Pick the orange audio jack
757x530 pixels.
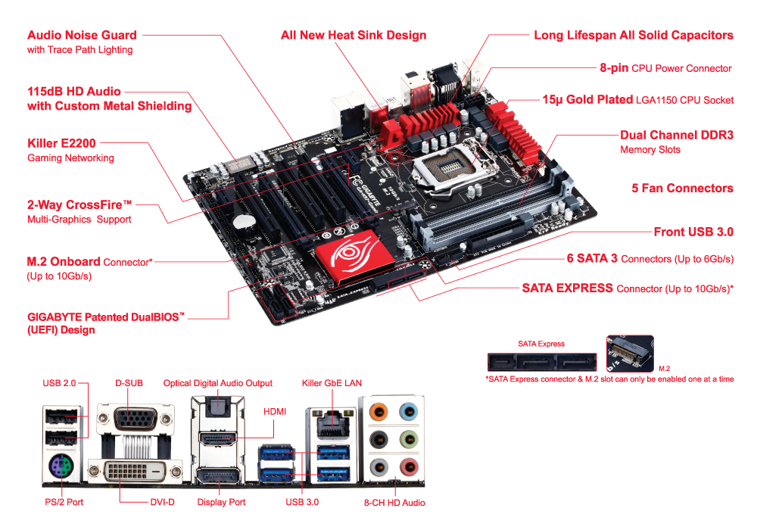click(x=381, y=413)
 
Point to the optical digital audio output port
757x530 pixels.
click(x=218, y=408)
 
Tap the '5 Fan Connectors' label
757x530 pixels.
click(x=682, y=188)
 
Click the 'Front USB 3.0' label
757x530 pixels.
click(x=693, y=232)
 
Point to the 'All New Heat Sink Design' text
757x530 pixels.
click(x=354, y=36)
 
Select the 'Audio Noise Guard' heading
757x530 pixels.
click(x=82, y=35)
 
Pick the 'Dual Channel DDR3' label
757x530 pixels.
click(x=676, y=135)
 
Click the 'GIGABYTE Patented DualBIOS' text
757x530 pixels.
click(x=105, y=316)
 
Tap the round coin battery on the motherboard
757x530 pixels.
click(x=243, y=221)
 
